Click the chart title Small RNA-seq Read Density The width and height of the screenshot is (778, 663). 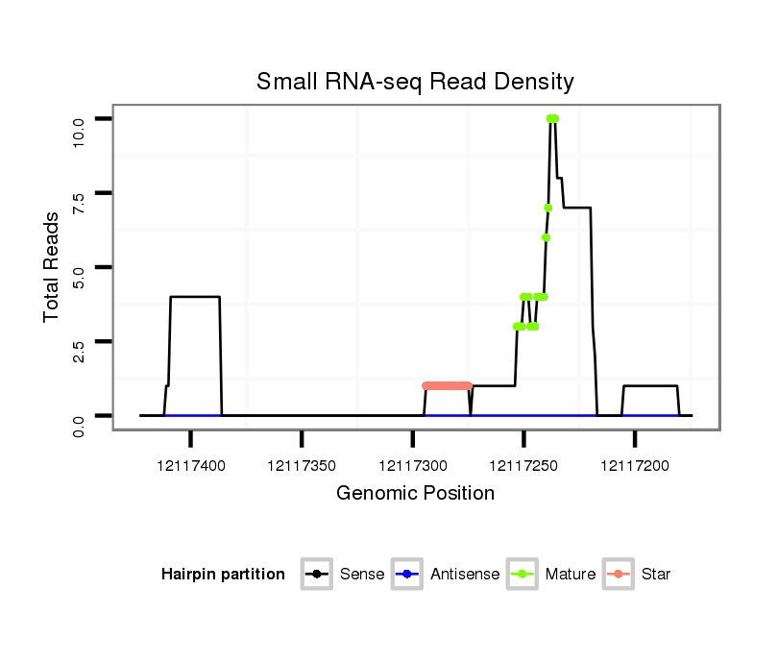click(x=415, y=82)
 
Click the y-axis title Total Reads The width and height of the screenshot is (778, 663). click(x=52, y=266)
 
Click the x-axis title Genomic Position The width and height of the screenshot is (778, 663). click(x=415, y=494)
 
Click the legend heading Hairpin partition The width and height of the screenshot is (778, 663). click(x=223, y=575)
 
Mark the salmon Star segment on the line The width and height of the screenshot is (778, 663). click(x=448, y=385)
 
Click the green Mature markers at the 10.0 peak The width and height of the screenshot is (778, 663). click(x=552, y=119)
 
